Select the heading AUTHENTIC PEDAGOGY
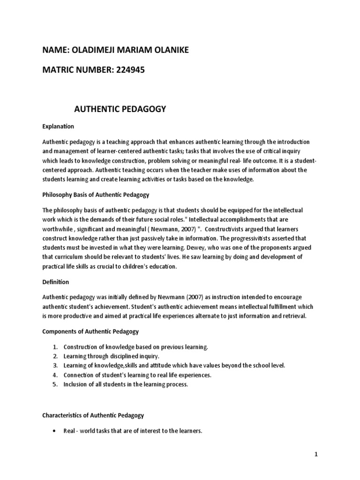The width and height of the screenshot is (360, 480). [120, 110]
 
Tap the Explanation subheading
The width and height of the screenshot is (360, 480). [58, 127]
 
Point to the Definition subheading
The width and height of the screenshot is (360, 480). [56, 282]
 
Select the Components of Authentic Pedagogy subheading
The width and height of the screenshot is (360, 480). [90, 331]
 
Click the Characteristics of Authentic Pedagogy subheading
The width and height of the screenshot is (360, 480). [93, 415]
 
